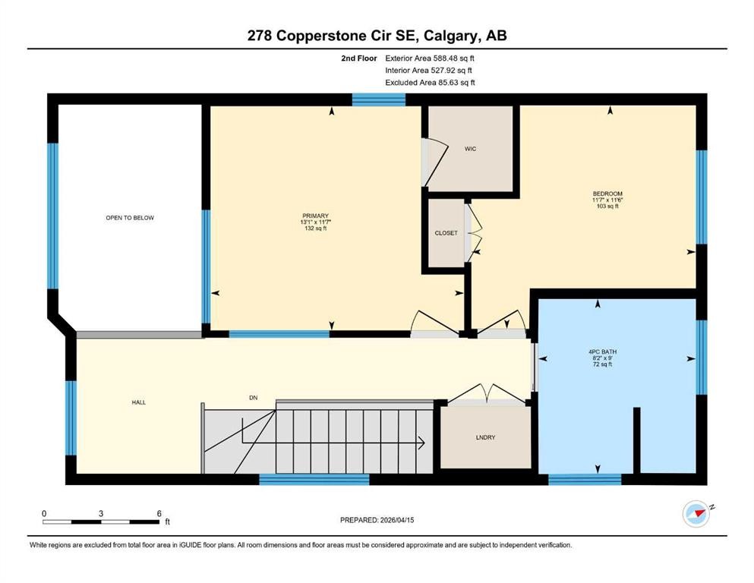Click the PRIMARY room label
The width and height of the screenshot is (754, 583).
[x=315, y=216]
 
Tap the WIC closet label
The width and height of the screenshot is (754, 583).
[x=470, y=149]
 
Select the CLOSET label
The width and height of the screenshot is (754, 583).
[x=446, y=233]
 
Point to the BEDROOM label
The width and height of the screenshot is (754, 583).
[x=607, y=193]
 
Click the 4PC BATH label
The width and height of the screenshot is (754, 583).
[x=599, y=351]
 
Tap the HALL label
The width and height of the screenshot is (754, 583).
[x=138, y=402]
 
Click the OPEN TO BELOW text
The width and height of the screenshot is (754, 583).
[x=130, y=218]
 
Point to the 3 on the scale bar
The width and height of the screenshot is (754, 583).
[x=101, y=513]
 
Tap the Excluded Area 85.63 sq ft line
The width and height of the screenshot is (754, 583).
[x=431, y=82]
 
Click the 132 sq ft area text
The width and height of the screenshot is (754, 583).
[x=315, y=228]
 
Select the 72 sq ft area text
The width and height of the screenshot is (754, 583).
[x=599, y=364]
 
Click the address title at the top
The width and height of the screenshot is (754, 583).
[x=377, y=36]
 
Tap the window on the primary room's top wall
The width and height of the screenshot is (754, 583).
[x=379, y=99]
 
